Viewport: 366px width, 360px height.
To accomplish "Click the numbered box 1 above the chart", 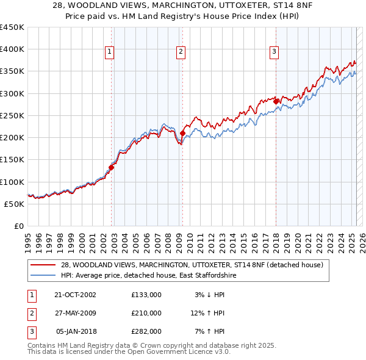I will coord(109,52).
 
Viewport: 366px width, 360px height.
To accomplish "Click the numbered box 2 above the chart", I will coord(181,52).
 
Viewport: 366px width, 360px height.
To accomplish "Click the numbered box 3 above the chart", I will coord(274,52).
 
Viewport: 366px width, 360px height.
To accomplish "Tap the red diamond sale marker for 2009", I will coord(182,133).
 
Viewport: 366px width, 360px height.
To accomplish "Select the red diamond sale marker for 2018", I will coord(276,101).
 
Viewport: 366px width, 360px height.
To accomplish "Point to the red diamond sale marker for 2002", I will coord(112,167).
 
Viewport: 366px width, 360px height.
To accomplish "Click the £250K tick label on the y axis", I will coord(12,115).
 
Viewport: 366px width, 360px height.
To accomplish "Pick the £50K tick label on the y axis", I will coord(14,204).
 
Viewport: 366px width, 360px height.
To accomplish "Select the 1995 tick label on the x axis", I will coord(28,238).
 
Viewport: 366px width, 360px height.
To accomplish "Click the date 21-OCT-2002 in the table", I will coord(75,295).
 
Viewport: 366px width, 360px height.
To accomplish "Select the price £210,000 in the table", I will coord(146,313).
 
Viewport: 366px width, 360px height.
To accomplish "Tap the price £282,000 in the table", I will coord(146,331).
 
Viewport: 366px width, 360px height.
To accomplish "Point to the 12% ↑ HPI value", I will coord(208,313).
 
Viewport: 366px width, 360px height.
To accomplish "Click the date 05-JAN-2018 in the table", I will coord(76,331).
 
